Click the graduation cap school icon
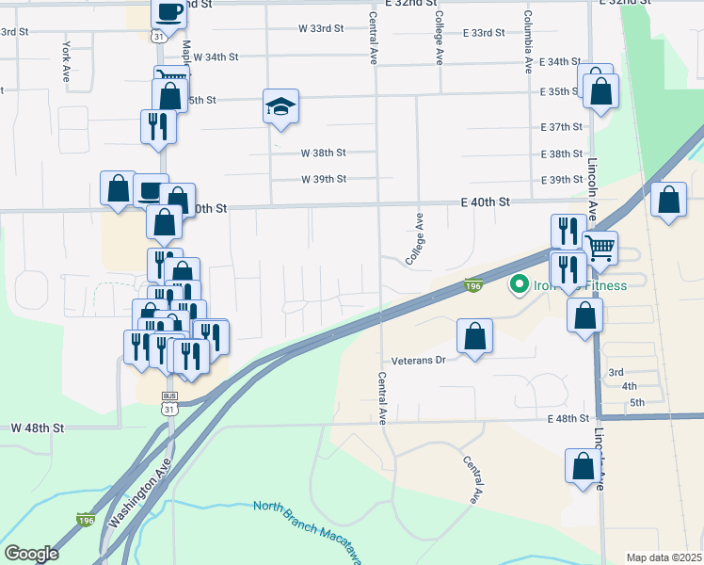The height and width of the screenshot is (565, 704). click(x=280, y=107)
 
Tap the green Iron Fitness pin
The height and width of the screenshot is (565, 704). click(x=518, y=283)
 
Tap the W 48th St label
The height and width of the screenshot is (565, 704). click(x=38, y=427)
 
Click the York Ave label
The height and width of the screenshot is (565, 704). click(x=65, y=58)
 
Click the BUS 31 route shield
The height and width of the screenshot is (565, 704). click(x=169, y=402)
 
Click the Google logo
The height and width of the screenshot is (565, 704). click(x=31, y=554)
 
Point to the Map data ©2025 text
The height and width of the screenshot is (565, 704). click(x=664, y=557)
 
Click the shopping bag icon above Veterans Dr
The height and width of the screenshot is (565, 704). click(x=475, y=336)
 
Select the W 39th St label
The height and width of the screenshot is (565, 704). click(x=324, y=179)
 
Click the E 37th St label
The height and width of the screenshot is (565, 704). click(x=562, y=127)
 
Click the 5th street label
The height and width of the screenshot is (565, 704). click(x=636, y=403)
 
